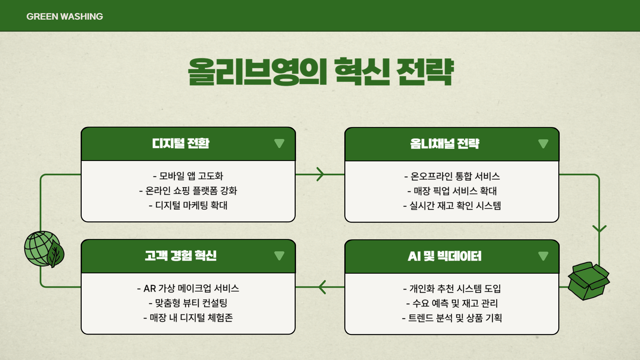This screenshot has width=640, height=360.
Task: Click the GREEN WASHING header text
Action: click(65, 16)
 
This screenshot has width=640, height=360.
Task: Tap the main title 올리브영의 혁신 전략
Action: click(321, 72)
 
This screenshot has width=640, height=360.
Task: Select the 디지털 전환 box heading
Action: click(181, 143)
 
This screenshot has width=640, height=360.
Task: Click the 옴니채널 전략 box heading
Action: click(445, 144)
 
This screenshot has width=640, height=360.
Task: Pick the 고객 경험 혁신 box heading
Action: click(181, 256)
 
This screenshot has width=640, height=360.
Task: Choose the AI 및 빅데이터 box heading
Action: click(445, 256)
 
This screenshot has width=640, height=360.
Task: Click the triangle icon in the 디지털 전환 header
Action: click(279, 143)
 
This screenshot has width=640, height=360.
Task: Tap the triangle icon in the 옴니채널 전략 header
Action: click(543, 144)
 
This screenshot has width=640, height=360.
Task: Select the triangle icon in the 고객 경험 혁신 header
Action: click(279, 256)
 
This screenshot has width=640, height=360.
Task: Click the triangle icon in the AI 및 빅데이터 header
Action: click(543, 256)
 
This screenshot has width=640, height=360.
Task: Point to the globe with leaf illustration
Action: click(44, 249)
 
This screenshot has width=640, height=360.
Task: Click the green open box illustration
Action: click(588, 281)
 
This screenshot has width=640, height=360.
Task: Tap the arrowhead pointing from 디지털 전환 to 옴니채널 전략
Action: click(320, 174)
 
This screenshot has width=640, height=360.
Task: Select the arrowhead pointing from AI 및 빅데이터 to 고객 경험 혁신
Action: click(322, 287)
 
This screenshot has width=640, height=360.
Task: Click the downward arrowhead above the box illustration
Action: click(599, 229)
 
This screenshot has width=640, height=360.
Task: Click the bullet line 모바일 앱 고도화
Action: click(188, 176)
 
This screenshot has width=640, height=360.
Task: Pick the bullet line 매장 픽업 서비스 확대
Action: click(452, 191)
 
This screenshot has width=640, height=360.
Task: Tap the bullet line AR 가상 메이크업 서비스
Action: click(188, 288)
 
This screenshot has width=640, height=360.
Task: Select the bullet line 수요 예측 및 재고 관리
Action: click(452, 303)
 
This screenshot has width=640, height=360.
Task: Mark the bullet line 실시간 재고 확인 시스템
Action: click(452, 206)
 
